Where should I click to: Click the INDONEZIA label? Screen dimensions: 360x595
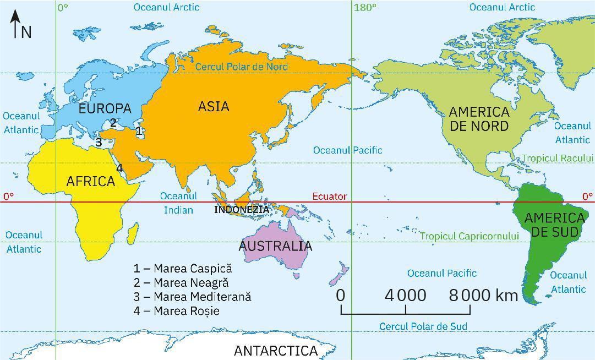click(x=242, y=210)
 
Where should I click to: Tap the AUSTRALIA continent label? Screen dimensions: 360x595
click(x=275, y=246)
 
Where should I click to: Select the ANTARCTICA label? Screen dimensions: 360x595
click(x=276, y=351)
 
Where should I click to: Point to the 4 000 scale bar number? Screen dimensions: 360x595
click(x=405, y=296)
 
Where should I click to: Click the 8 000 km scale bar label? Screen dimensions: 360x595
click(x=483, y=296)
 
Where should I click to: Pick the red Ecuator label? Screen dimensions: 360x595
click(x=329, y=197)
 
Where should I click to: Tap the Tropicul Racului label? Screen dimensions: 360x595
click(x=557, y=158)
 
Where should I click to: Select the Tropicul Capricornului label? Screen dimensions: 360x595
click(x=470, y=236)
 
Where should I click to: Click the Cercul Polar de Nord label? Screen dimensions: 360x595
click(x=242, y=67)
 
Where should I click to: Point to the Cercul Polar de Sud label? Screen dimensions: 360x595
click(x=423, y=326)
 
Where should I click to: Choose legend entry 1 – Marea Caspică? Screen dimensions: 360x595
click(x=183, y=269)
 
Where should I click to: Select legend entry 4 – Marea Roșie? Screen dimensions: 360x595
click(x=176, y=311)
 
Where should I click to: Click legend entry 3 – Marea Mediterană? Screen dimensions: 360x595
click(x=192, y=297)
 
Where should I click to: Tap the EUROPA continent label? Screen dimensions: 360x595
click(x=105, y=108)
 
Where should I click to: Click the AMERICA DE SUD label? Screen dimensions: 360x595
click(x=554, y=225)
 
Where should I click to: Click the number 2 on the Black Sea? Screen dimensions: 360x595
click(x=113, y=122)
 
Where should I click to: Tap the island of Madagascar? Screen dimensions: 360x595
click(x=132, y=232)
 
